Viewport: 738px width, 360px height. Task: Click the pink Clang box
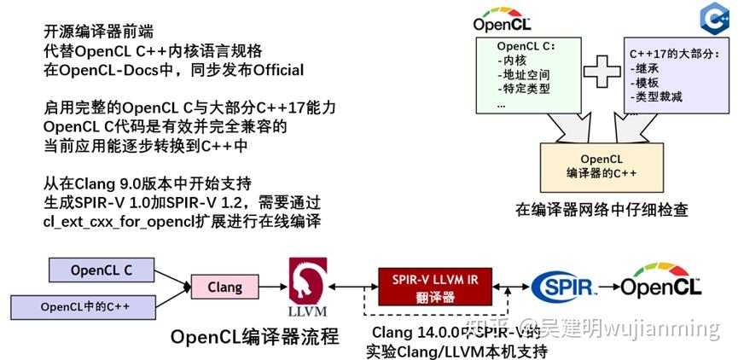pyautogui.click(x=225, y=287)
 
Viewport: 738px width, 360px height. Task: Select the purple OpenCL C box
pyautogui.click(x=101, y=271)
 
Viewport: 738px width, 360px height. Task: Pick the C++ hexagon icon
pyautogui.click(x=713, y=17)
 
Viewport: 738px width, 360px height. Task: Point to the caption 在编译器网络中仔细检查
pyautogui.click(x=601, y=209)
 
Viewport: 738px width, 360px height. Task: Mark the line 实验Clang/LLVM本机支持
pyautogui.click(x=456, y=351)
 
